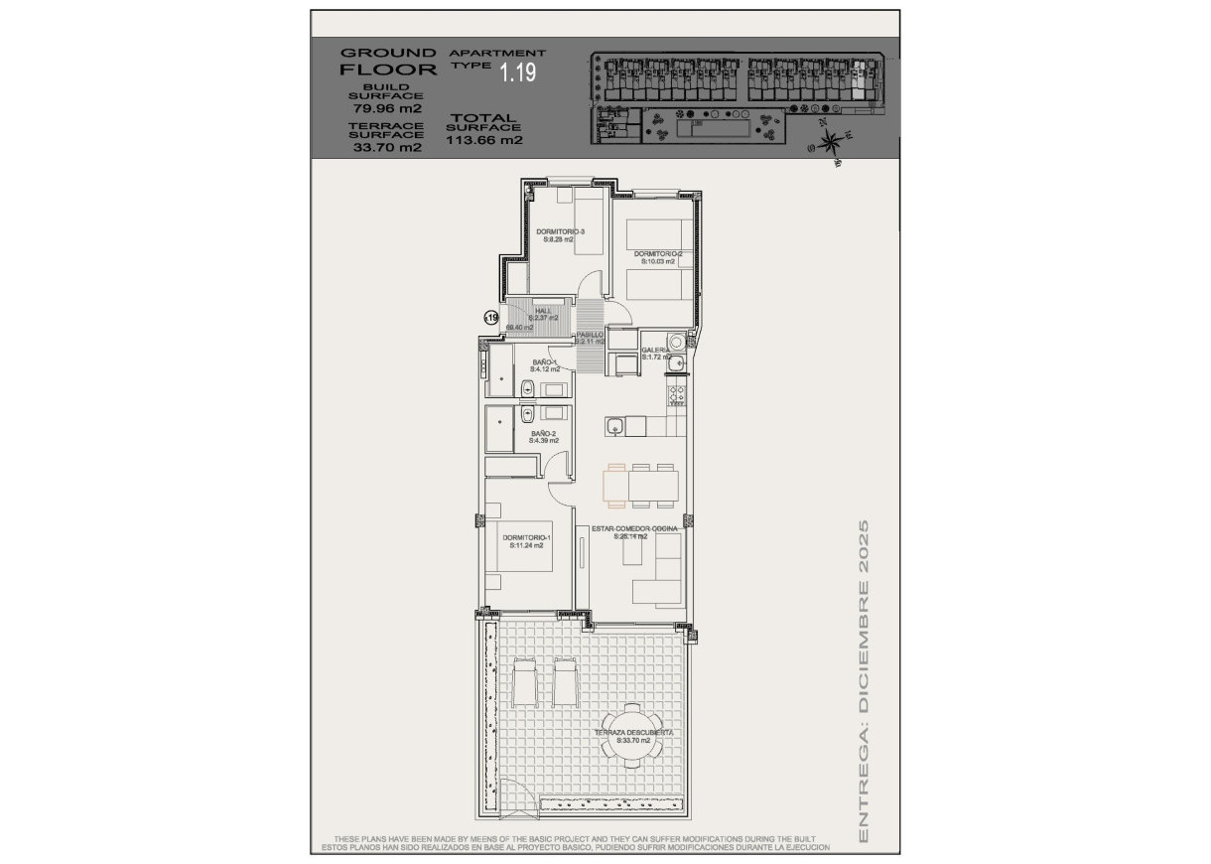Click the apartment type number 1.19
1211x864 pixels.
click(518, 72)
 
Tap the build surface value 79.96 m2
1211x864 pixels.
click(387, 107)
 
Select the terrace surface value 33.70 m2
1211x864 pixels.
click(387, 147)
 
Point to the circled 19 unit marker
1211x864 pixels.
click(490, 318)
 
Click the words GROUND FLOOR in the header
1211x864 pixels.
click(388, 61)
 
